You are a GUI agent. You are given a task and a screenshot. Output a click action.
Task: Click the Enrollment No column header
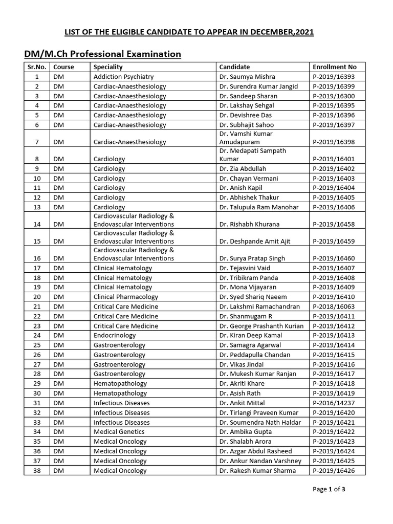click(x=334, y=67)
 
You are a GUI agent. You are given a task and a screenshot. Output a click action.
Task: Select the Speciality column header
click(x=108, y=67)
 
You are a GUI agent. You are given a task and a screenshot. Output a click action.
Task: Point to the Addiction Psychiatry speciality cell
click(x=123, y=77)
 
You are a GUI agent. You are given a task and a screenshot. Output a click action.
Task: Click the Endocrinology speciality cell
click(x=115, y=336)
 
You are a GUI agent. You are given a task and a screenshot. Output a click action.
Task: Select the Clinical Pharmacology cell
click(x=126, y=297)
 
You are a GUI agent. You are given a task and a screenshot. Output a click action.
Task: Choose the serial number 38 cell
click(x=36, y=471)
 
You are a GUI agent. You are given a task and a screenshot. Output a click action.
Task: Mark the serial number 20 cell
click(x=36, y=297)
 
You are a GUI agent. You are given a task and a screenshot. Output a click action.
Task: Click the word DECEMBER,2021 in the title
click(x=277, y=32)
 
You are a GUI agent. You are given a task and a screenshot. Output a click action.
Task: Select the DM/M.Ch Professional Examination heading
click(x=102, y=54)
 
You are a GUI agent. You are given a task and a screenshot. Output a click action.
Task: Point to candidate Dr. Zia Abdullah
click(x=243, y=169)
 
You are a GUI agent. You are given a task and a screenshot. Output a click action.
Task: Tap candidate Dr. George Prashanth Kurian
click(x=261, y=326)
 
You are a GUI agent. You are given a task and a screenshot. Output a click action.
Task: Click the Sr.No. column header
click(x=36, y=67)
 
